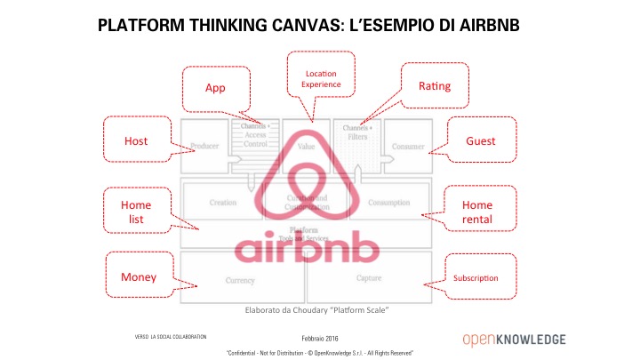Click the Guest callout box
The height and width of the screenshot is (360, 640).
[481, 141]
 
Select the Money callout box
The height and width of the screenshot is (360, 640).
[139, 277]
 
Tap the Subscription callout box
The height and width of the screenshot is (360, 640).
[476, 278]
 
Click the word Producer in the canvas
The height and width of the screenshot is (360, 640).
[205, 147]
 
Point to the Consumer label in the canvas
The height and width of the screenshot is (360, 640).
[408, 147]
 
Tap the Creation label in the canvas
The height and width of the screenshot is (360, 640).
[222, 203]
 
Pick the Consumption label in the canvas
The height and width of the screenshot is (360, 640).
[388, 203]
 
